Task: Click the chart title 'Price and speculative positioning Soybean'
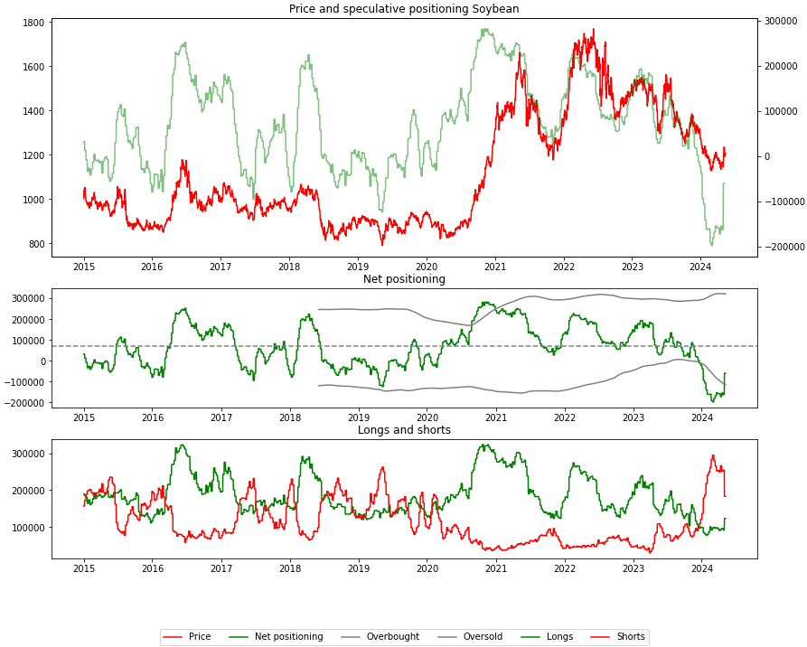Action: point(404,9)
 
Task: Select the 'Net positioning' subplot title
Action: point(404,279)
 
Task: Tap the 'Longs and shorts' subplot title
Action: point(404,430)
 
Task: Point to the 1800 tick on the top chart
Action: point(33,23)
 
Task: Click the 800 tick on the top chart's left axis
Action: point(36,244)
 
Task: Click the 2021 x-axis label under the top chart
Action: point(494,267)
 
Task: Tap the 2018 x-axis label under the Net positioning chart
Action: point(289,417)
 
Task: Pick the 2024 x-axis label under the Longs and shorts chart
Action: point(701,568)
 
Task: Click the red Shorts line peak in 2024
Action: point(712,455)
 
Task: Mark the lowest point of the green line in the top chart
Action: point(712,245)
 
